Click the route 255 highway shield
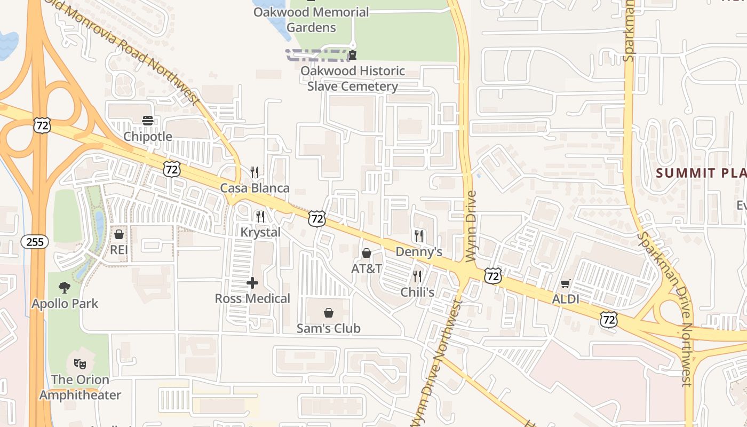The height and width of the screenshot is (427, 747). [35, 242]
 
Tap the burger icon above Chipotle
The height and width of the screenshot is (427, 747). [148, 121]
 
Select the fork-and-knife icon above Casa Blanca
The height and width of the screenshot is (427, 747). [255, 172]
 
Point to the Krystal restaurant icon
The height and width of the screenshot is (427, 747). [260, 216]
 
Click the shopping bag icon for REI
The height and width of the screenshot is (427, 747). [118, 234]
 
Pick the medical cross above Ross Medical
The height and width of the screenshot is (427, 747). [252, 283]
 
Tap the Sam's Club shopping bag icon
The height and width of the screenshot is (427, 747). [329, 312]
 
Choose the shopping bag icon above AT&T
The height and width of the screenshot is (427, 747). [367, 252]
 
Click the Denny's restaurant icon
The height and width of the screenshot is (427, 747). [419, 235]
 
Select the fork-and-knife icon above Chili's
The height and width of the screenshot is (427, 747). [417, 276]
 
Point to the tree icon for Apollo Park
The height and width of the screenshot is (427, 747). [65, 288]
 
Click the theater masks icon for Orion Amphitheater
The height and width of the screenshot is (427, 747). [80, 364]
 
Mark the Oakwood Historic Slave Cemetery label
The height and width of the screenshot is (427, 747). [353, 78]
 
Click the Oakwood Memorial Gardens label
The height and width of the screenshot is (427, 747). [311, 20]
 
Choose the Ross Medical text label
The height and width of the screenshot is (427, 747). [252, 298]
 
